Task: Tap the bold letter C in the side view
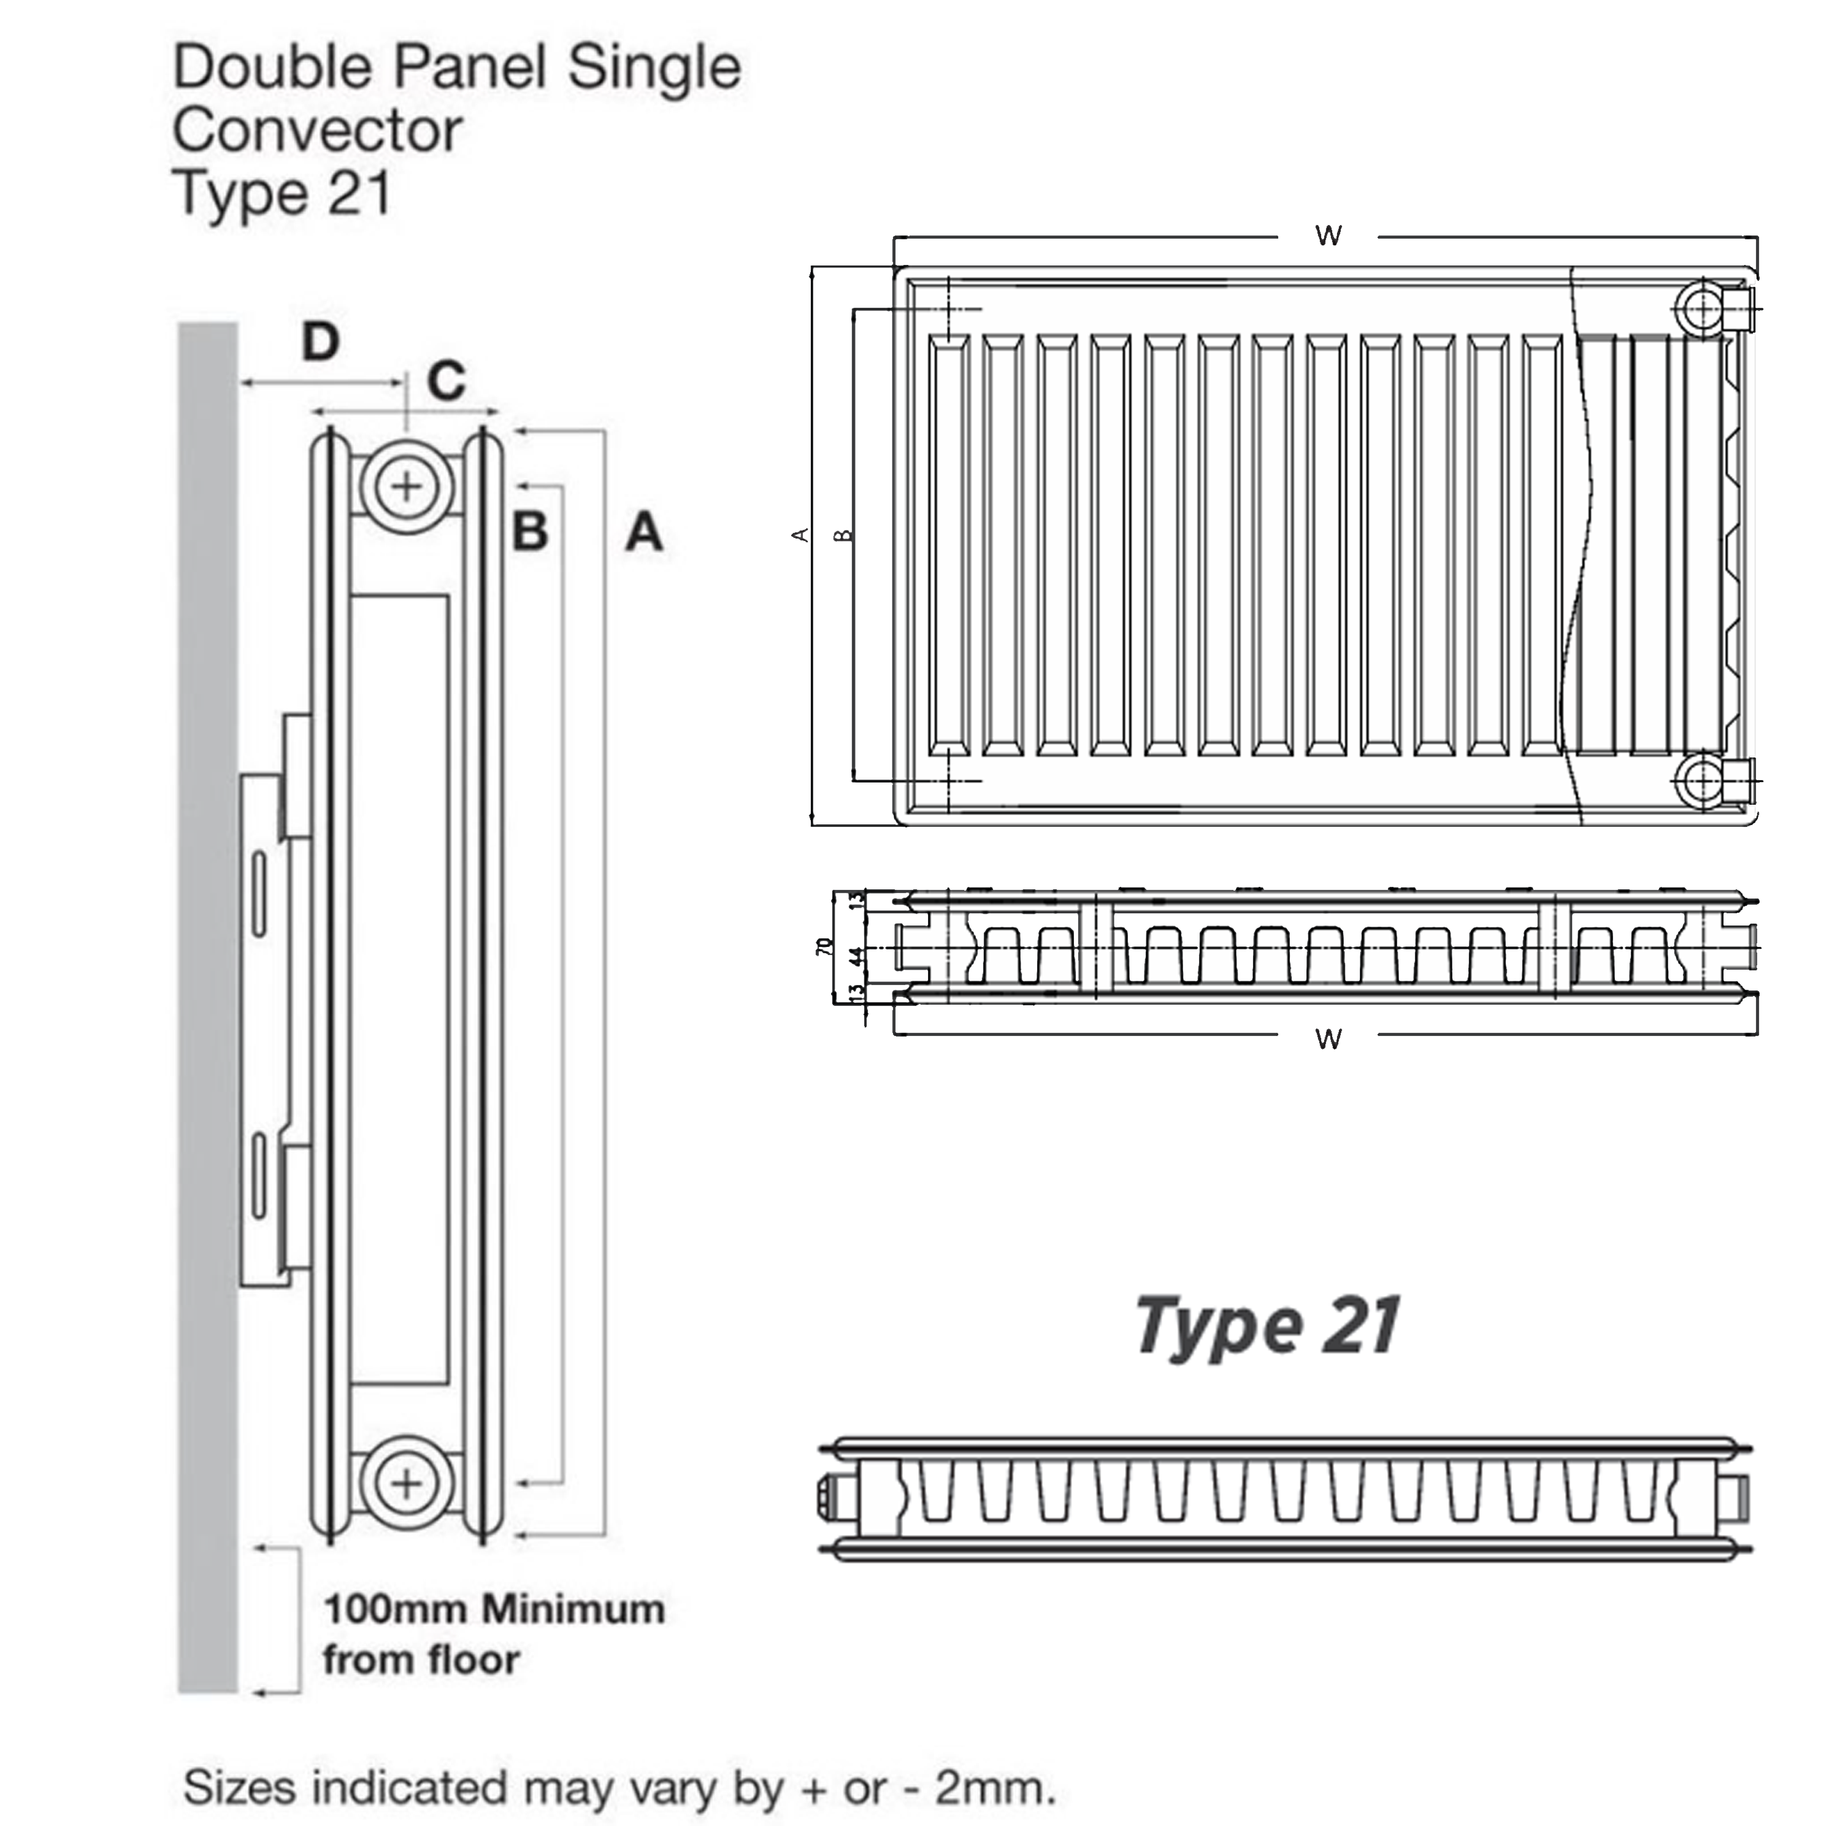[x=446, y=381]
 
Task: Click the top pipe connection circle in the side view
[x=407, y=486]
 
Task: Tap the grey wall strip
[x=208, y=953]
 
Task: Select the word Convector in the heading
[x=317, y=131]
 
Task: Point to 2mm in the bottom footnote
[x=994, y=1788]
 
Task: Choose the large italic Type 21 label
[x=1267, y=1325]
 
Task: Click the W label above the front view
[x=1328, y=236]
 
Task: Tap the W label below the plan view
[x=1328, y=1038]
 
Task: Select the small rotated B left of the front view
[x=843, y=535]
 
